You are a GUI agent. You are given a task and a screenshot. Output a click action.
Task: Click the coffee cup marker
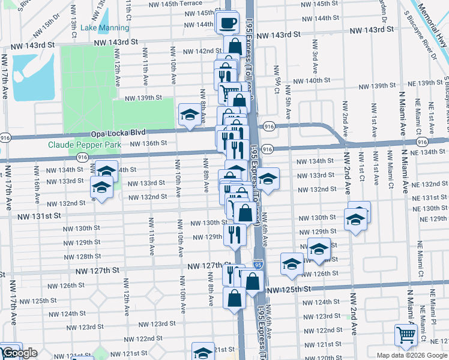228,23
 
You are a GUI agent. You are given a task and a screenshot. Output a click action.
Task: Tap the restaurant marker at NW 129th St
234,234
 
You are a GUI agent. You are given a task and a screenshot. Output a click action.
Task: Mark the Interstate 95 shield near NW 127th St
257,263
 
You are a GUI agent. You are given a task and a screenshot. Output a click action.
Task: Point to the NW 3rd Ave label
315,63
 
